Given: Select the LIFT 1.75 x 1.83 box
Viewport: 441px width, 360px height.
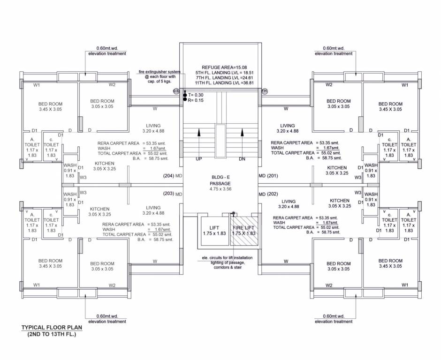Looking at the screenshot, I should (214, 231).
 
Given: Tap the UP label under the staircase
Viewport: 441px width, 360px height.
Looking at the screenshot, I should (199, 159).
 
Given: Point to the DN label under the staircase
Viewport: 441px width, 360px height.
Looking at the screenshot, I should (242, 159).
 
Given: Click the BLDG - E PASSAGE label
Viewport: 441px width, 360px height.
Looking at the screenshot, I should (220, 180).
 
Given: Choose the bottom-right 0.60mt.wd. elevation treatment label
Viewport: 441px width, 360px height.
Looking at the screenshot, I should (334, 319).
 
